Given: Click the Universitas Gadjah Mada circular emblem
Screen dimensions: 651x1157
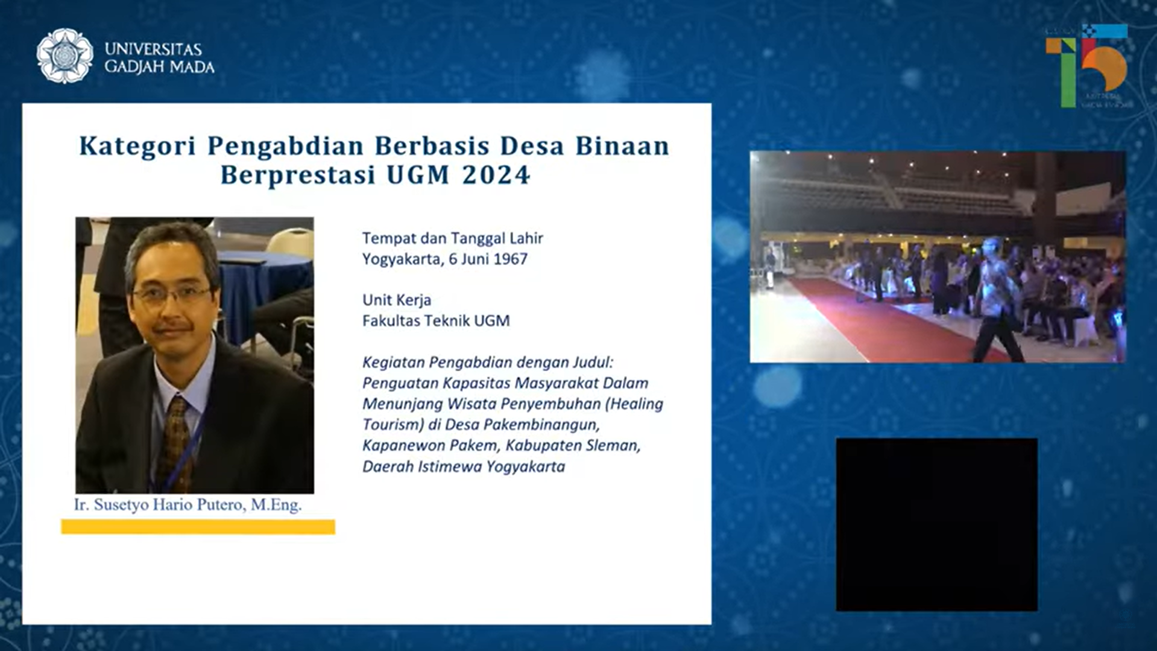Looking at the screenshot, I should (x=65, y=56).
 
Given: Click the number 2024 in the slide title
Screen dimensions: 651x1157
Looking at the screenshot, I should (x=496, y=175).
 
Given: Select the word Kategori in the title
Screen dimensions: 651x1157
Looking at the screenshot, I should (x=137, y=146).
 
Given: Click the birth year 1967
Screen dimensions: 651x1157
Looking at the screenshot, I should (x=510, y=259).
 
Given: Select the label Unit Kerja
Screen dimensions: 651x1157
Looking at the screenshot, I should (x=397, y=300).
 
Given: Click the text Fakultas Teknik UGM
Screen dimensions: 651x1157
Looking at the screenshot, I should (x=435, y=320).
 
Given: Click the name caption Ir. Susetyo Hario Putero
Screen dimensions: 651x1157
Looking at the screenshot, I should (x=188, y=505).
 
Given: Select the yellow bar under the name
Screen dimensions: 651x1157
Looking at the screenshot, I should (x=198, y=527).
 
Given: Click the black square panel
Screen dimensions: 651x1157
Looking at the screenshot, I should (x=936, y=524).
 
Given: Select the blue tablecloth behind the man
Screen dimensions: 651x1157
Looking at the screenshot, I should (x=265, y=284).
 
